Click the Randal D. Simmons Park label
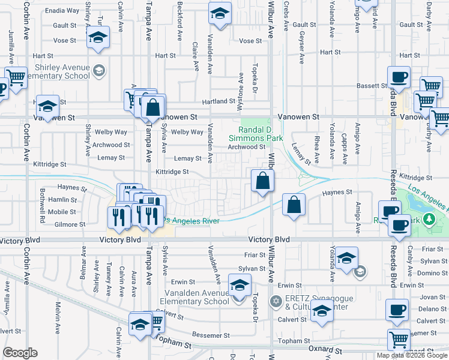(x=261, y=134)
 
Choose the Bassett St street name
(x=373, y=86)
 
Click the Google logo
(x=20, y=353)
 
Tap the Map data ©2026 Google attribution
(x=411, y=356)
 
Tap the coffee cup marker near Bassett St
(x=398, y=77)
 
